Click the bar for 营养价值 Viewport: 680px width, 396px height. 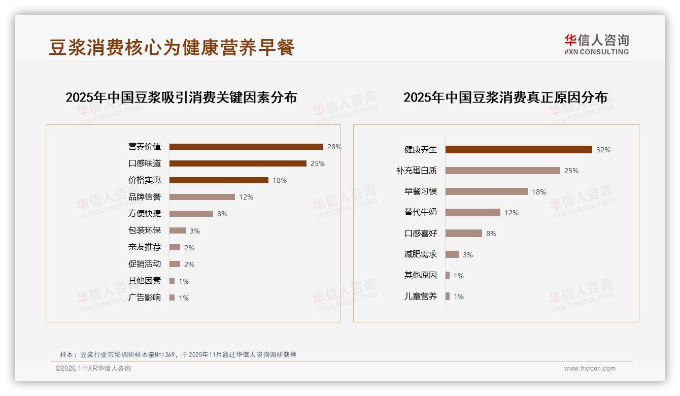246,147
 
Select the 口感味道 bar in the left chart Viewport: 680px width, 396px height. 237,163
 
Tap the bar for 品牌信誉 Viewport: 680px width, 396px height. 202,197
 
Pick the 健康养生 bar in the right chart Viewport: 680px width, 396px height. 519,150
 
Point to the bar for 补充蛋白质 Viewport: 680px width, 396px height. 502,171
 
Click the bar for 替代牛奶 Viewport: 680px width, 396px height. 472,213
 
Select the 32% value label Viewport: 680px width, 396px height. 603,150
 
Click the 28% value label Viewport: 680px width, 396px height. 334,147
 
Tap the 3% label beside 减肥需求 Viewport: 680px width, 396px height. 467,255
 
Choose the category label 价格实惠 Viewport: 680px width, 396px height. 145,180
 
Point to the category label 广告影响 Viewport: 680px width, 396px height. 145,298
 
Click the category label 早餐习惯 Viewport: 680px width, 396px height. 420,191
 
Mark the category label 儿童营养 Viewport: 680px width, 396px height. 420,296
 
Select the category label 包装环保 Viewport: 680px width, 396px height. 145,230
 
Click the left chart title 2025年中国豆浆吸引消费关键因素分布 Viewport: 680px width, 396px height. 181,97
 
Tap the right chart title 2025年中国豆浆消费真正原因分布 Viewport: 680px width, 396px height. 505,97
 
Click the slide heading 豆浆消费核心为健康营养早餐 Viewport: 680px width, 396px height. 172,47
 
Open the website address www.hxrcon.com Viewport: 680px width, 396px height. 590,369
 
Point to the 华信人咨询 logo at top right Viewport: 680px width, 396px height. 596,44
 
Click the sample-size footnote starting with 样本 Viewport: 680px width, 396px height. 178,354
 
